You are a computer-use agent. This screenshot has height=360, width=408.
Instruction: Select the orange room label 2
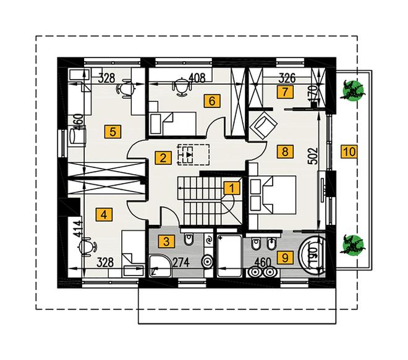[x=163, y=158]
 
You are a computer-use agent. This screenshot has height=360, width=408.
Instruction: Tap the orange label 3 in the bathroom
[x=166, y=241]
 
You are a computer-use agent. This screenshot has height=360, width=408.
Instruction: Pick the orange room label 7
[x=286, y=92]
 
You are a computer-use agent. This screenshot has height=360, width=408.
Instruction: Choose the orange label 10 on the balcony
[x=349, y=151]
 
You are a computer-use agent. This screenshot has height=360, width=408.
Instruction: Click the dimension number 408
[x=197, y=77]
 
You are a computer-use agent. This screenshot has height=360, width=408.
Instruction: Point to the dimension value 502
[x=313, y=156]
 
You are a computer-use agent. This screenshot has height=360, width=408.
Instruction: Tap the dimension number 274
[x=181, y=263]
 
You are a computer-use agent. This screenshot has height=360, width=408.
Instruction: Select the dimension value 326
[x=287, y=77]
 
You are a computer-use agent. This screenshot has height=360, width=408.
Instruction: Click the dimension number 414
[x=77, y=229]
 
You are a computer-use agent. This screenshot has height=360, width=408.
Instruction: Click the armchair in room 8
[x=263, y=125]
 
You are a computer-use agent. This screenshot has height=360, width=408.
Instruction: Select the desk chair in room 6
[x=180, y=88]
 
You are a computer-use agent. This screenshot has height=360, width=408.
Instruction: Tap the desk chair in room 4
[x=87, y=246]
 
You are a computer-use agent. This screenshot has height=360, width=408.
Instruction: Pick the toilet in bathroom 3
[x=189, y=238]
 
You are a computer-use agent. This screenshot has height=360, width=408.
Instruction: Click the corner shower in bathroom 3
[x=161, y=266]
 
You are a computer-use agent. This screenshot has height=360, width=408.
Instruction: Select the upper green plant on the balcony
[x=352, y=90]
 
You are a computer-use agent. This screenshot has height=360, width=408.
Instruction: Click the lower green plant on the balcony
[x=352, y=245]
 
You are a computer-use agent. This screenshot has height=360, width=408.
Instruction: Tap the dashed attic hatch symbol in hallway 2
[x=193, y=154]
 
